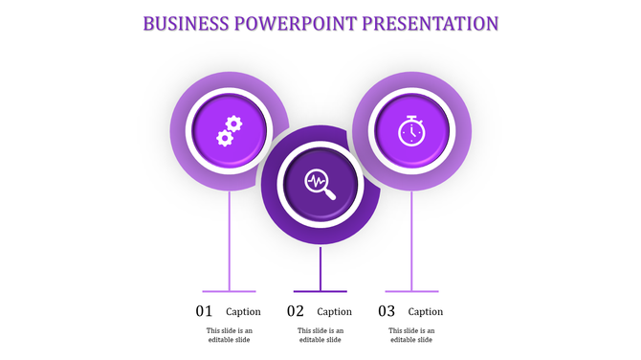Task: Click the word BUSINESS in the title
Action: point(186,22)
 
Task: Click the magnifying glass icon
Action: point(320,183)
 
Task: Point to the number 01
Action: point(205,311)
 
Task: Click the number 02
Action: point(296,311)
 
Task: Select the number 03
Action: point(387,311)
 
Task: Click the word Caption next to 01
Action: point(243,311)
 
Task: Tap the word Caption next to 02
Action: point(334,311)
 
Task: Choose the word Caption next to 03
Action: point(426,311)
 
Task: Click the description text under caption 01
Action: point(229,335)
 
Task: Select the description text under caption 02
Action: point(320,335)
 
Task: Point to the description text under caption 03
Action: point(411,335)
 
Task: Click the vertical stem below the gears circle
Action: point(229,239)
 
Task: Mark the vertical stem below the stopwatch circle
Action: point(411,239)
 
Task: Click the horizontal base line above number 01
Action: point(229,291)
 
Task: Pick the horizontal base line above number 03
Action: point(411,291)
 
